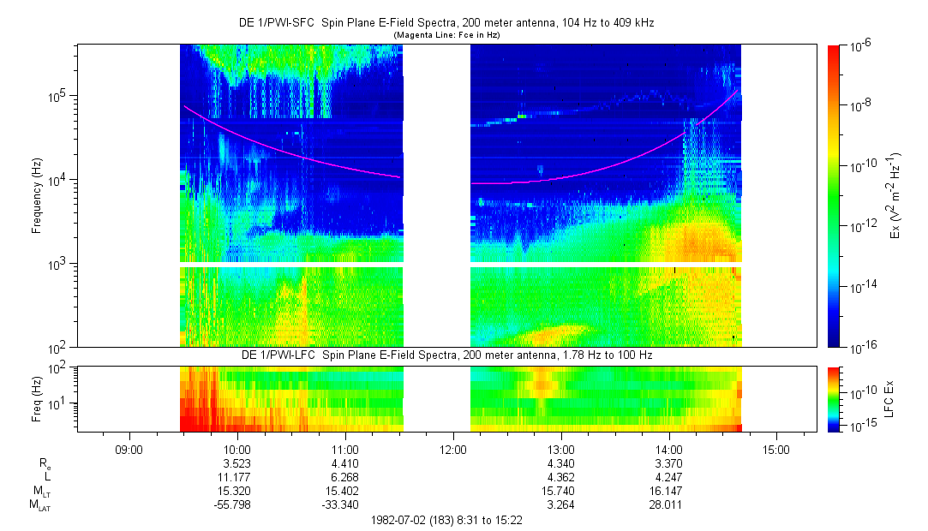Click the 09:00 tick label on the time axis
[129, 448]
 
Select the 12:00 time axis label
[452, 448]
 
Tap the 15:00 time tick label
[776, 448]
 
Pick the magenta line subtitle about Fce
[446, 34]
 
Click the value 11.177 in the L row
[236, 476]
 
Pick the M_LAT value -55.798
[236, 505]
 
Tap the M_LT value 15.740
[560, 491]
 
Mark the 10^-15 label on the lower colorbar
[860, 426]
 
